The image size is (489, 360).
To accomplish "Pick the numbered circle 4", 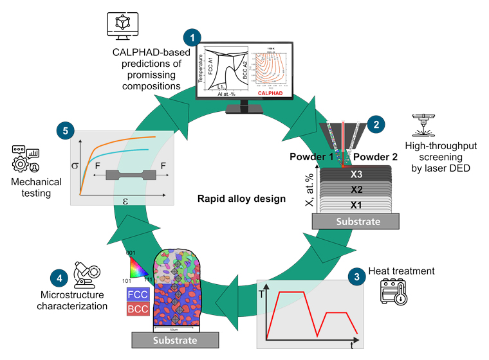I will click(57, 278).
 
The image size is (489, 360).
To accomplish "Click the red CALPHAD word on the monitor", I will click(273, 93).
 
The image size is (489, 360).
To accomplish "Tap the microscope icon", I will click(86, 273).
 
